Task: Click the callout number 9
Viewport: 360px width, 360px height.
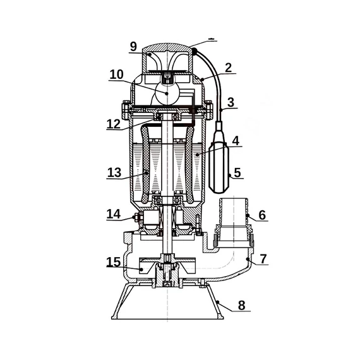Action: pyautogui.click(x=133, y=47)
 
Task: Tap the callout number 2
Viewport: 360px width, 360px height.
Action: pyautogui.click(x=228, y=68)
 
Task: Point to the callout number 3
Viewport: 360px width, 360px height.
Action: pyautogui.click(x=231, y=102)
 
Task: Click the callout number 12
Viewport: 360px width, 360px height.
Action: pyautogui.click(x=114, y=124)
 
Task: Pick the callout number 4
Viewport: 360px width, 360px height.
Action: pyautogui.click(x=236, y=141)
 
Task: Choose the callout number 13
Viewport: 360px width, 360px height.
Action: pyautogui.click(x=114, y=172)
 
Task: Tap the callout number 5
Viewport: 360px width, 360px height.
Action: pyautogui.click(x=237, y=172)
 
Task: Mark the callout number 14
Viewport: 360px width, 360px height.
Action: pyautogui.click(x=114, y=214)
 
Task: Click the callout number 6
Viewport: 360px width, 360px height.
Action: pyautogui.click(x=262, y=215)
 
